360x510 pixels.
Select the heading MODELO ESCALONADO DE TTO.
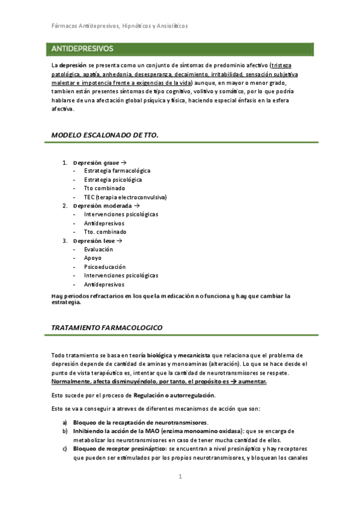[x=105, y=135]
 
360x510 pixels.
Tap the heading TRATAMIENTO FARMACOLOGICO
[x=106, y=327]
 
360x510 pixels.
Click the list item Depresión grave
[x=96, y=163]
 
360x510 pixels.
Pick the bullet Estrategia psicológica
[x=113, y=179]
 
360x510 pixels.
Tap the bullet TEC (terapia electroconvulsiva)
[x=125, y=197]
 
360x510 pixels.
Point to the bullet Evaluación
[x=98, y=249]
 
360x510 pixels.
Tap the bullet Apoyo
[x=93, y=258]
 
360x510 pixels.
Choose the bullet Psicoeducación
[x=105, y=266]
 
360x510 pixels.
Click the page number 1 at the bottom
[x=180, y=477]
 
